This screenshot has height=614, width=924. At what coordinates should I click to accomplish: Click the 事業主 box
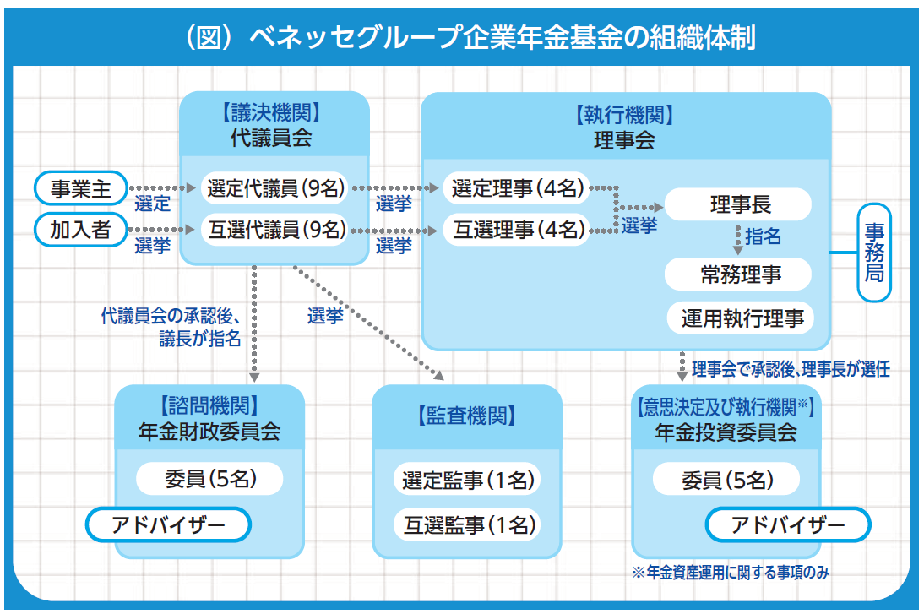(x=80, y=188)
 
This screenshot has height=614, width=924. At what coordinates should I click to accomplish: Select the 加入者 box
(x=80, y=230)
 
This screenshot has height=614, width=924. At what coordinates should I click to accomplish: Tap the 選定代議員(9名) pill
(x=275, y=188)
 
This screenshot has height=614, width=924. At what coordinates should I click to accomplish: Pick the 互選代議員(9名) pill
(x=275, y=230)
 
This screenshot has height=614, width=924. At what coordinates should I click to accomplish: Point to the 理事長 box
(x=739, y=204)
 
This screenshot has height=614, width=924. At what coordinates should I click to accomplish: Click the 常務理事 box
(x=739, y=274)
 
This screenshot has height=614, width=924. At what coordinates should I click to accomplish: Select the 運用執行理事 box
(x=742, y=318)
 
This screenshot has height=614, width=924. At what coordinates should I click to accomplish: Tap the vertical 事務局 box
(x=874, y=252)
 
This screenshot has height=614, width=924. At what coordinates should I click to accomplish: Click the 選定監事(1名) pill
(x=466, y=481)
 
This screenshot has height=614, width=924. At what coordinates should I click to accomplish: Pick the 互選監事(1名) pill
(x=466, y=524)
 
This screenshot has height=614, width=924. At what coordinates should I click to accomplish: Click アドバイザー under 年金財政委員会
(x=169, y=525)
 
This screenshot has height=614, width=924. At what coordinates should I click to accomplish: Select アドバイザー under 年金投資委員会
(x=787, y=525)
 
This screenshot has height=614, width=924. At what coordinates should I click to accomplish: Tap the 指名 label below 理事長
(x=763, y=236)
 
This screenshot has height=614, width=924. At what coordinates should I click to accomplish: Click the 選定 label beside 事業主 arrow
(x=152, y=204)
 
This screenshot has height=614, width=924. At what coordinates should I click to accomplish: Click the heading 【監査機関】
(x=466, y=416)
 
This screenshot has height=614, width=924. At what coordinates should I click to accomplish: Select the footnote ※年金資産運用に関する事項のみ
(x=730, y=573)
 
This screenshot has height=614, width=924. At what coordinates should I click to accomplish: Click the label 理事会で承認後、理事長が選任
(x=790, y=369)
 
